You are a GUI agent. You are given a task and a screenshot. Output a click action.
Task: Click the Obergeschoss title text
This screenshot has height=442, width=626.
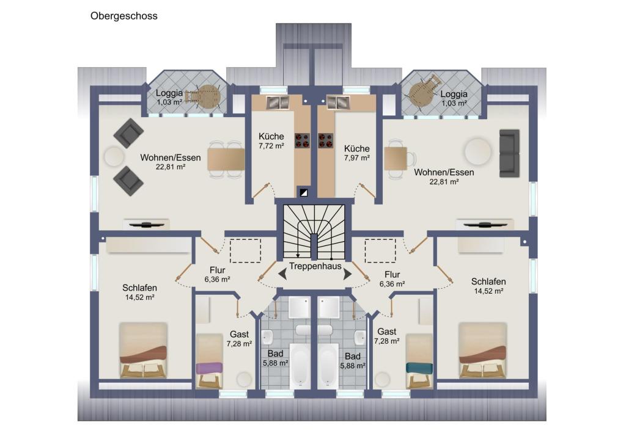tap(123, 16)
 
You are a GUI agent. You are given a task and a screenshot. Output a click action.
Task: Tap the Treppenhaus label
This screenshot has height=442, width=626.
tap(315, 266)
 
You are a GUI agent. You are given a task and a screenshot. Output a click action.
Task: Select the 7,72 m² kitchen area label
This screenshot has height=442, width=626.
tap(271, 146)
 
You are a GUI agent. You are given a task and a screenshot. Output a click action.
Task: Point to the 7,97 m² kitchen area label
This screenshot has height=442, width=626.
tap(356, 158)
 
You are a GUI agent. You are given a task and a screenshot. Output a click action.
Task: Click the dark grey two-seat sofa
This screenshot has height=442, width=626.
tap(509, 153)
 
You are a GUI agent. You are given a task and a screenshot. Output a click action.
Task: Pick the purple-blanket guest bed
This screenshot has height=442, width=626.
tap(209, 361)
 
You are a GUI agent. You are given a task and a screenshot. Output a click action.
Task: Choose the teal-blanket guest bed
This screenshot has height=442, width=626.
tap(419, 361)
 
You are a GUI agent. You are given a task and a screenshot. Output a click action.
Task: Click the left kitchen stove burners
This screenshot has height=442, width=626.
tap(302, 140)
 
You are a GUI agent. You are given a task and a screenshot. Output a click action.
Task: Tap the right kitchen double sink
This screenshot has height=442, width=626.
tap(338, 103)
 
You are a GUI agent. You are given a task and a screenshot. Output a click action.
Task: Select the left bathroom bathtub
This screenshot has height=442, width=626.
tap(300, 366)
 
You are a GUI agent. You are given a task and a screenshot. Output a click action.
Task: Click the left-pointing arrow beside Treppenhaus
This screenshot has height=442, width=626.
tap(282, 274)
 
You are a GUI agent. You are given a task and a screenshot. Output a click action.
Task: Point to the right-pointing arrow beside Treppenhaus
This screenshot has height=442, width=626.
tap(347, 274)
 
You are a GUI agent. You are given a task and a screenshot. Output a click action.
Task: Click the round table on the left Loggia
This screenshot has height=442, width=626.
tap(210, 96)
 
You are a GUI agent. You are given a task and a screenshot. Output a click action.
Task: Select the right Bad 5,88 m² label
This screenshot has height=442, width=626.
tap(353, 361)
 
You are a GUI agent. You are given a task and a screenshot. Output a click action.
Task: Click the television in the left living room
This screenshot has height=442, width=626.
tap(146, 225)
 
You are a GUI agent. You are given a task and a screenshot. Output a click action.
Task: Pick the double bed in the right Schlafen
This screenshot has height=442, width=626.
tap(483, 350)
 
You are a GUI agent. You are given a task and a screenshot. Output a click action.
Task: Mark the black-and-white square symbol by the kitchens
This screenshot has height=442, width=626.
tap(304, 193)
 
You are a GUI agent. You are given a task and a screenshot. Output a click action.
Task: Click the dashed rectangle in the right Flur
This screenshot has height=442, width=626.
tap(380, 250)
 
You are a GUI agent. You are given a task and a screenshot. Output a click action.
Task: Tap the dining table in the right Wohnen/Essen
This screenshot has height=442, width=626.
tap(396, 159)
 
